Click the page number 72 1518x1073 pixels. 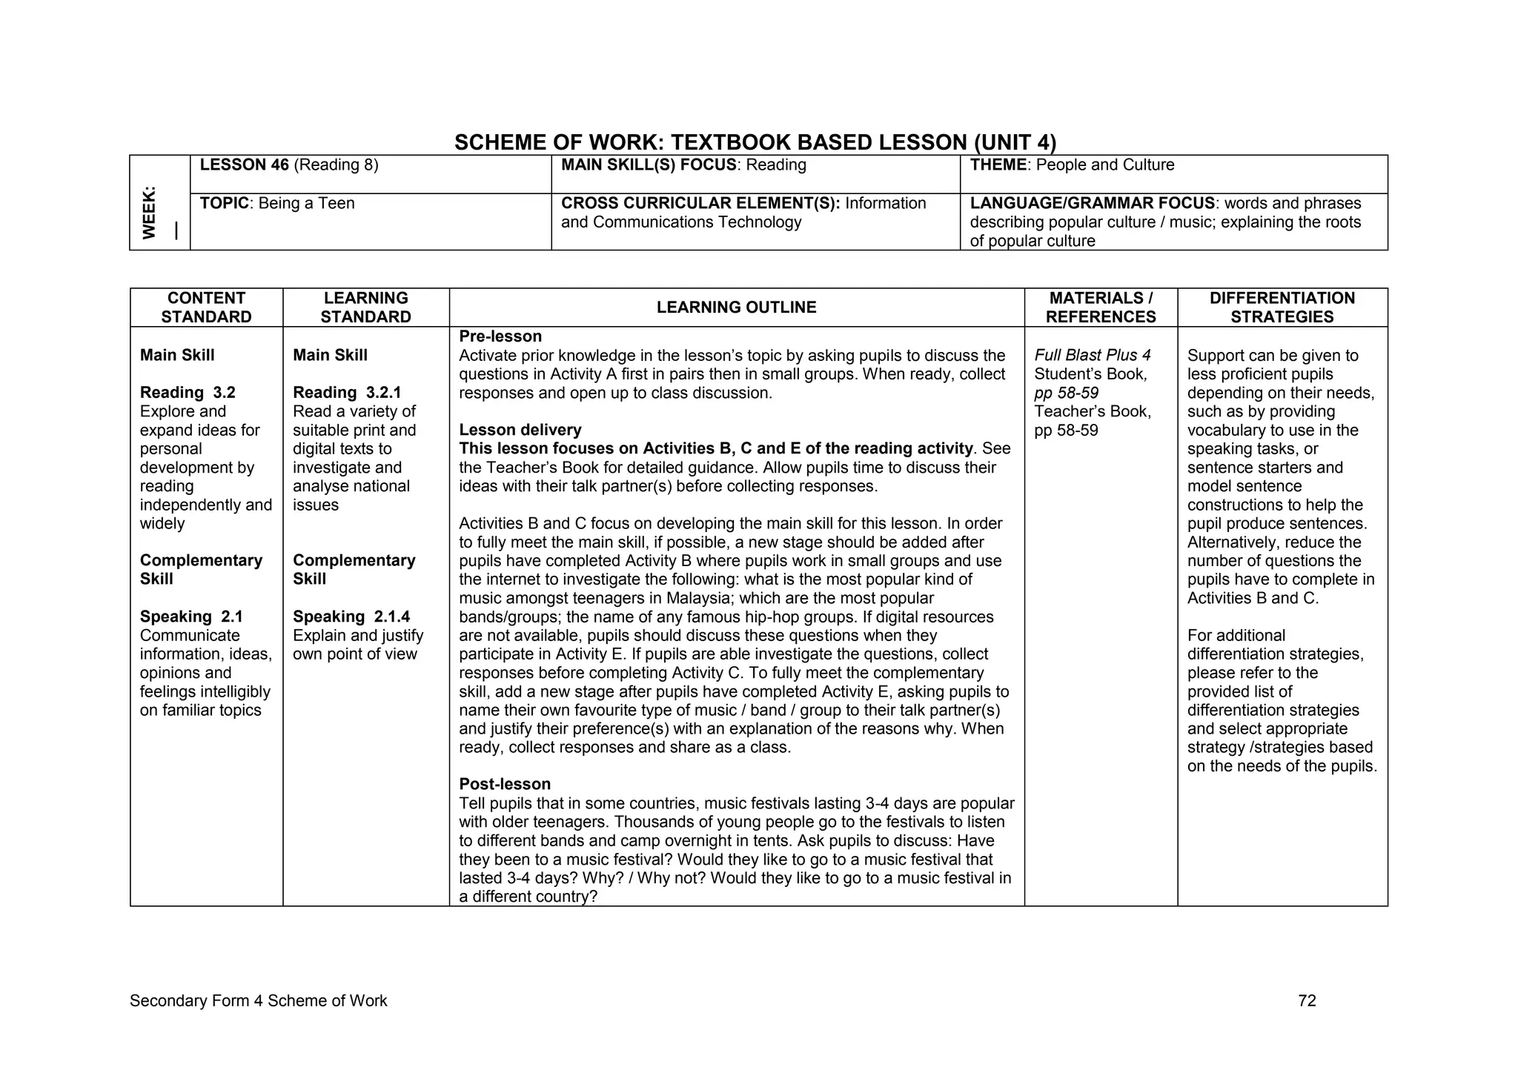click(1307, 1001)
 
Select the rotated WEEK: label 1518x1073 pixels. click(150, 212)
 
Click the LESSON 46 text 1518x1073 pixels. click(244, 165)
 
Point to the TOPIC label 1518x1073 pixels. click(224, 204)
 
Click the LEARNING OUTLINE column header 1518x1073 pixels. click(736, 308)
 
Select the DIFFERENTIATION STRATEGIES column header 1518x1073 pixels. click(1282, 308)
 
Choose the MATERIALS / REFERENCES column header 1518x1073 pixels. click(1100, 308)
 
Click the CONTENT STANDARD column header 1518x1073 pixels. click(206, 308)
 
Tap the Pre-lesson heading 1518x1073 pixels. click(500, 336)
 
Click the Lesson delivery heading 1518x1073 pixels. click(520, 430)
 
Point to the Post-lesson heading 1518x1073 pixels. click(504, 784)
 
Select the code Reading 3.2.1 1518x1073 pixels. click(346, 393)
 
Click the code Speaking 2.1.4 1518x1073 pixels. click(351, 617)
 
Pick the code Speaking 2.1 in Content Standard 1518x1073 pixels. click(191, 617)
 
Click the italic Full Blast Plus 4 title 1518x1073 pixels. click(1092, 356)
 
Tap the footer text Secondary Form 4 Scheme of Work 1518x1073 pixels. click(258, 1001)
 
